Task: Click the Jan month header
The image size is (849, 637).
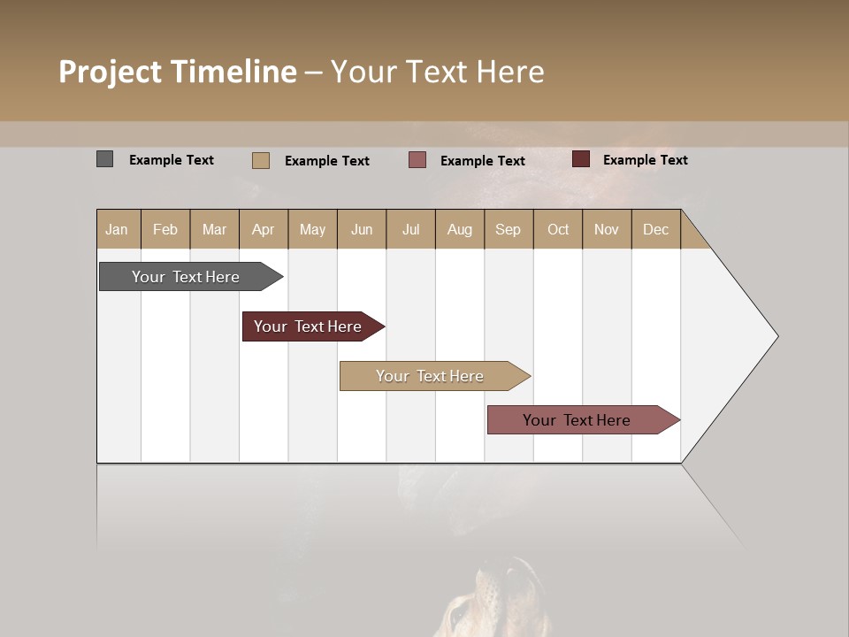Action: pyautogui.click(x=118, y=229)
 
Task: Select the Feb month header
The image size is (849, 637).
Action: pyautogui.click(x=165, y=229)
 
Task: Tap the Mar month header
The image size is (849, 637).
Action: pyautogui.click(x=214, y=229)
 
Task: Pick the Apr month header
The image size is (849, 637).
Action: pyautogui.click(x=264, y=229)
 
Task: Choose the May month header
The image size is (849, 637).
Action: pyautogui.click(x=312, y=229)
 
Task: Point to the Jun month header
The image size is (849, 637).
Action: pyautogui.click(x=362, y=229)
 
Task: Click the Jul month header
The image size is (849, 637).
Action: pyautogui.click(x=410, y=229)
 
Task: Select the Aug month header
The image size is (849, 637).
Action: pyautogui.click(x=460, y=229)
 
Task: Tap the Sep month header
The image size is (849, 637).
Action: pyautogui.click(x=509, y=229)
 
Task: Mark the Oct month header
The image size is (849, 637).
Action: pyautogui.click(x=558, y=229)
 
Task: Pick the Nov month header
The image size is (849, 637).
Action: pyautogui.click(x=607, y=229)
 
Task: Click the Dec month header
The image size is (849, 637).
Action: pyautogui.click(x=656, y=229)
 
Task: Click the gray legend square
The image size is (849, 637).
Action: pyautogui.click(x=104, y=159)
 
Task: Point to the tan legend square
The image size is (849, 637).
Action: pyautogui.click(x=260, y=160)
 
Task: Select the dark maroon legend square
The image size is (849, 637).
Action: pyautogui.click(x=580, y=159)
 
